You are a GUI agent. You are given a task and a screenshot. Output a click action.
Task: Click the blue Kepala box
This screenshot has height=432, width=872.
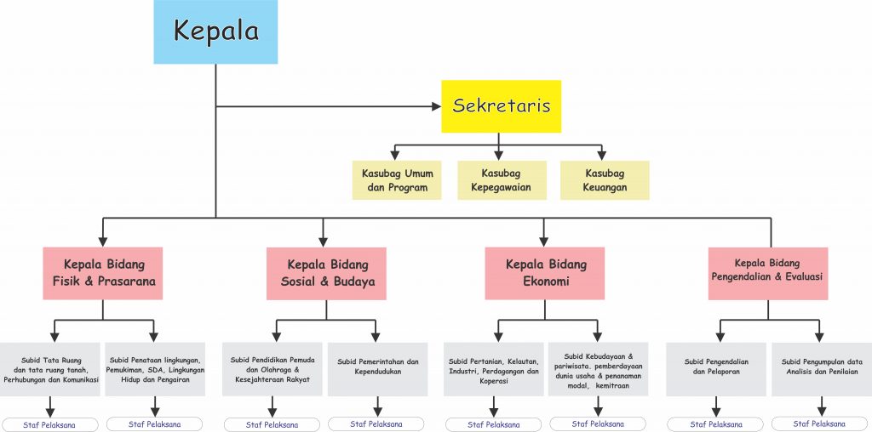pos(215,31)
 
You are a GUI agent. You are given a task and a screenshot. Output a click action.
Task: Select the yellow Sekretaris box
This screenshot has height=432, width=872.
pos(501,106)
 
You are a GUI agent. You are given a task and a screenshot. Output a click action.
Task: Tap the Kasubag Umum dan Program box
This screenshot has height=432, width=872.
pos(397,180)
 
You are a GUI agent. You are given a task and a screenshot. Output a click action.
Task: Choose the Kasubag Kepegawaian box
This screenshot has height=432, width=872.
pos(502,180)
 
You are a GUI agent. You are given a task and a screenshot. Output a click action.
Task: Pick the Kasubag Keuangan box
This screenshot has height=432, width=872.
pos(605,180)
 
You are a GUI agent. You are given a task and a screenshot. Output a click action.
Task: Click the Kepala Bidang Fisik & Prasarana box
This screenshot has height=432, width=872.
pos(104,273)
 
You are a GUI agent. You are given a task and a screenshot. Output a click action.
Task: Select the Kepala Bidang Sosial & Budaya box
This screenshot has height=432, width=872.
pos(327,273)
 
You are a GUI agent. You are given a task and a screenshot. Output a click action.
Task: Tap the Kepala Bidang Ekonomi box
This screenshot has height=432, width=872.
pos(544,273)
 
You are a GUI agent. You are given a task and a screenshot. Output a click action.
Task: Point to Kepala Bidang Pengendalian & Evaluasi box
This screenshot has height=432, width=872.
pos(767,273)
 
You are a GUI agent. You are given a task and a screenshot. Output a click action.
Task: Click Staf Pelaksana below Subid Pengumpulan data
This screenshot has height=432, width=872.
pos(821,423)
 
